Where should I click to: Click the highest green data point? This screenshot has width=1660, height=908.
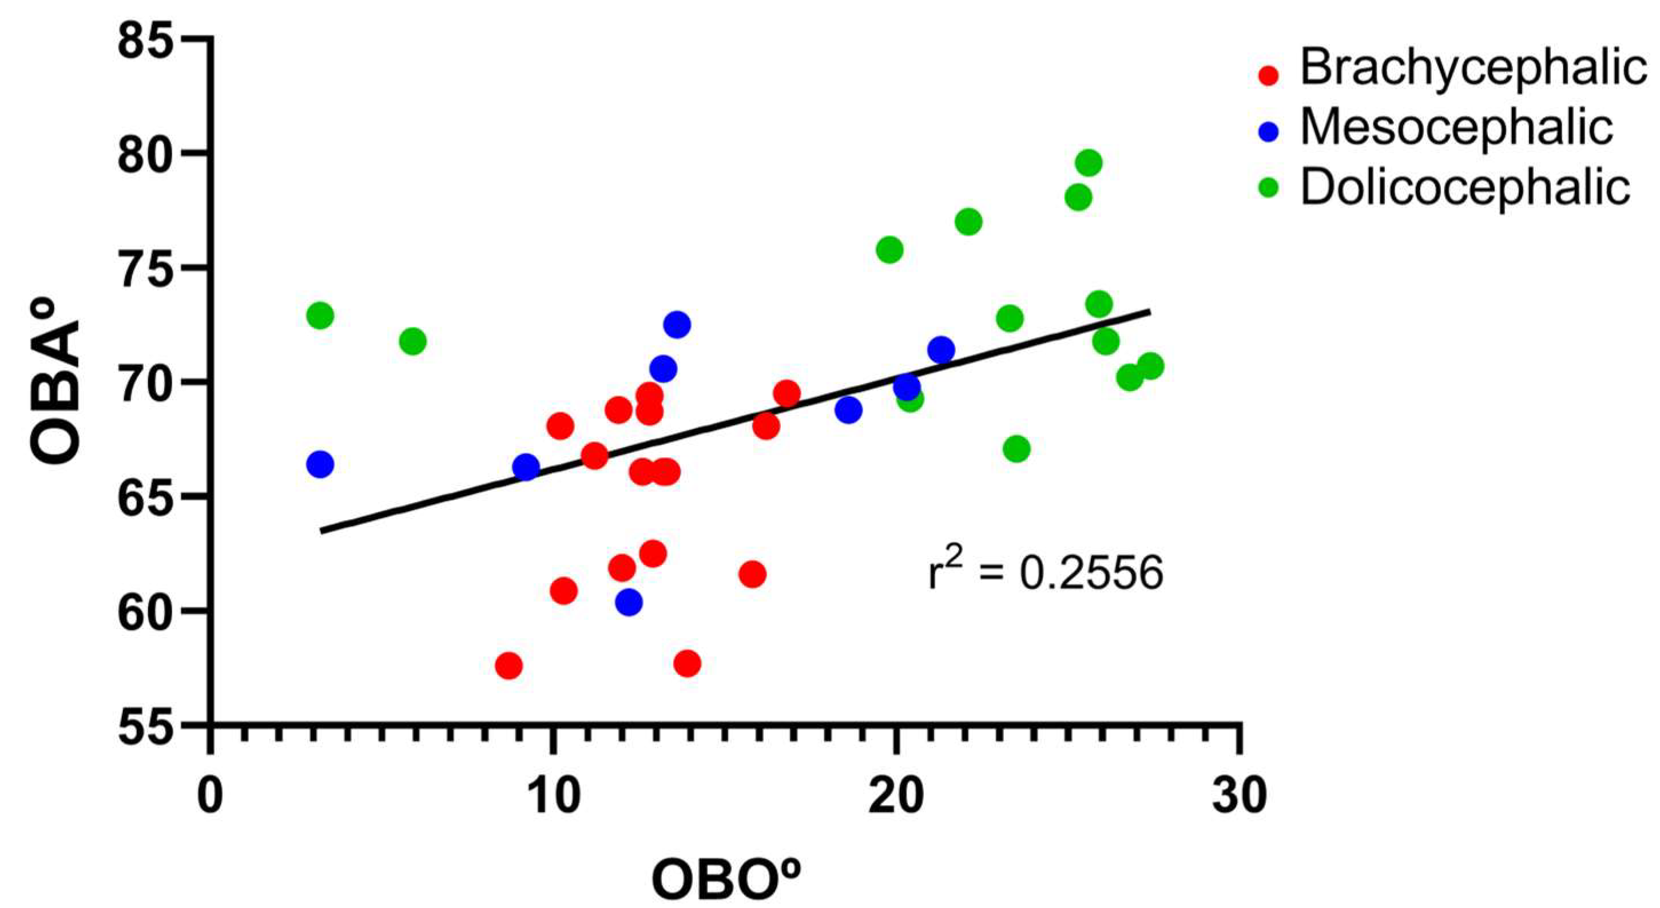coord(1089,163)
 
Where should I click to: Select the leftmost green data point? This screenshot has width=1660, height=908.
coord(320,316)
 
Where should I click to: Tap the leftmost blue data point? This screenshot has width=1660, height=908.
coord(320,464)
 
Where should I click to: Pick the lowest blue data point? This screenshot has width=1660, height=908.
coord(628,602)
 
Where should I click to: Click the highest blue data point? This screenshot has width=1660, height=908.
coord(677,325)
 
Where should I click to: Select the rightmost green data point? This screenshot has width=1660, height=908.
coord(1150,367)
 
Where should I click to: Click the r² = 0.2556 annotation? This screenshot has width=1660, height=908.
coord(1045,572)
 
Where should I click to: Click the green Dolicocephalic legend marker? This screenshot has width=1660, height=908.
coord(1268,188)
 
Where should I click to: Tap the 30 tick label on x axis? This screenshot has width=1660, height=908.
coord(1238,797)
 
